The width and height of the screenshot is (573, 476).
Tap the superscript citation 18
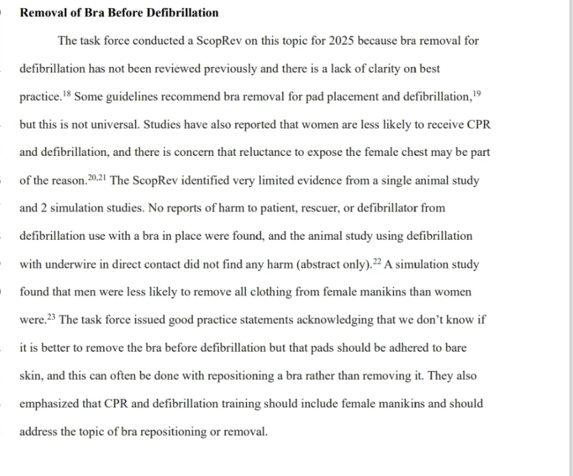coord(66,94)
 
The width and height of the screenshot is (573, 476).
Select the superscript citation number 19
coord(477,94)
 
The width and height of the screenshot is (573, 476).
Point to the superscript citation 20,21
coord(97,178)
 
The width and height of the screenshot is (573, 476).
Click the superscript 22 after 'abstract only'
coord(376,262)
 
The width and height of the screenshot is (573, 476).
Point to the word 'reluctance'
coord(272,153)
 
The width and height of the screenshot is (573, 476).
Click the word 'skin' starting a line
coord(31,376)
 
